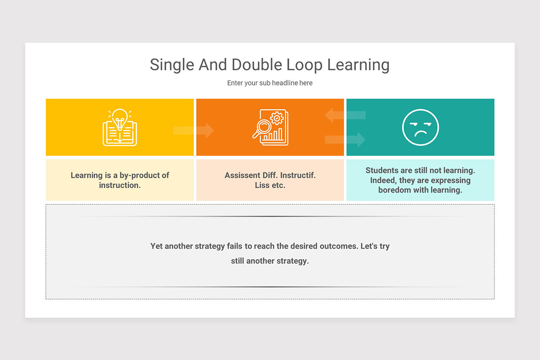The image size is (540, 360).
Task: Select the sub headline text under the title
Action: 270,83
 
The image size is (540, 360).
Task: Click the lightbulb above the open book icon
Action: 120,117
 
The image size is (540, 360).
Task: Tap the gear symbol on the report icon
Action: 276,118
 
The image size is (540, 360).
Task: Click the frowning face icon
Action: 420,127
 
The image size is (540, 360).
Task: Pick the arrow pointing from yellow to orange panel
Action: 194,130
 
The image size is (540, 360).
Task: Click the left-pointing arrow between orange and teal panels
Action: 345,115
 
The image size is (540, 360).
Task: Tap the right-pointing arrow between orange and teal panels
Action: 345,139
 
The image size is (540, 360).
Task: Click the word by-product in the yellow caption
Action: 139,175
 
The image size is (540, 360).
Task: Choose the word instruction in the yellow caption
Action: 119,185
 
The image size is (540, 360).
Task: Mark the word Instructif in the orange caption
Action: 298,175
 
